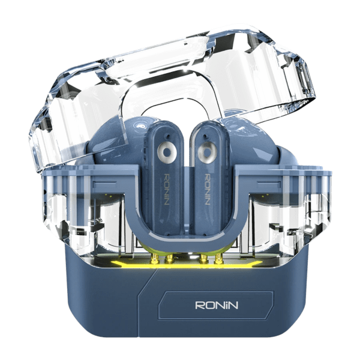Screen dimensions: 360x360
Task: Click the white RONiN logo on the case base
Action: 217,305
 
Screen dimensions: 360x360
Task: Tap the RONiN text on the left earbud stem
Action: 167,190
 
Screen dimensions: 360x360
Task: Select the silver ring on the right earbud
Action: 208,152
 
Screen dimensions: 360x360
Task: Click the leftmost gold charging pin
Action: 155,257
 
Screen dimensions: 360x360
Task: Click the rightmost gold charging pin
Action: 218,258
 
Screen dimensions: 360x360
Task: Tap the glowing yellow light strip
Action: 187,265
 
